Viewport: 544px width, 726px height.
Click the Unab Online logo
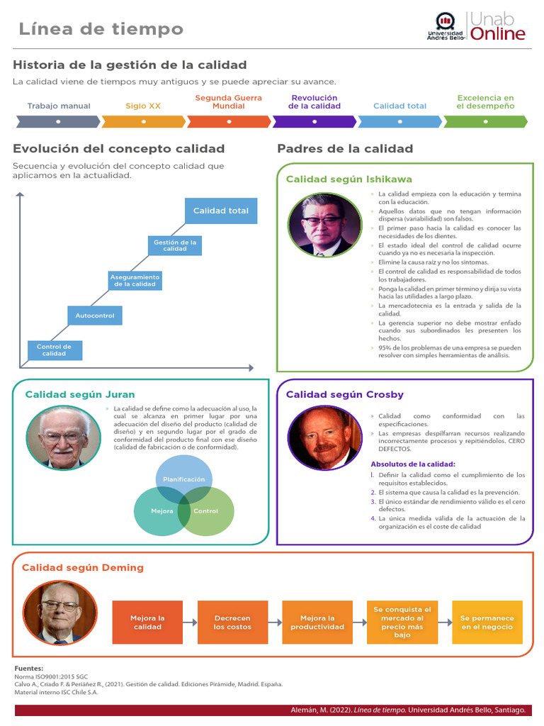(476, 26)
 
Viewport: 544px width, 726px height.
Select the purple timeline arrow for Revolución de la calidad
(314, 122)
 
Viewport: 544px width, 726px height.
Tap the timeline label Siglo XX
(143, 106)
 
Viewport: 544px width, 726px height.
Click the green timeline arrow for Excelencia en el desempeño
(485, 122)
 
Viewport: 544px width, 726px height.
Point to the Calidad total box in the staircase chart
(221, 211)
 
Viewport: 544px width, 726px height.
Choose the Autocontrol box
(95, 315)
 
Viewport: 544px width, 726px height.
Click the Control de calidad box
(55, 350)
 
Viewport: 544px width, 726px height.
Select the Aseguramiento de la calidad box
(135, 281)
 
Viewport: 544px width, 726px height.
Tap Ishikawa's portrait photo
(324, 225)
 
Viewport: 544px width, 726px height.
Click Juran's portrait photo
(63, 438)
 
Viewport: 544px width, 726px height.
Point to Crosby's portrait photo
(324, 438)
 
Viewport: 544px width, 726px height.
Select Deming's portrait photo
(60, 613)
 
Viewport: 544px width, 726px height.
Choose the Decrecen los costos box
(232, 622)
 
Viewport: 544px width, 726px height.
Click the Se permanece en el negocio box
(487, 622)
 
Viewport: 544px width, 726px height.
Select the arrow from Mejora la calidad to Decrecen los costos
(190, 622)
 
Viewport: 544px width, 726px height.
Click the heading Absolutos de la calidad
(413, 464)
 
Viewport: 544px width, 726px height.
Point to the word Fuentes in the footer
(28, 669)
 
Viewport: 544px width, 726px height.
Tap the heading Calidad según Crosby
(345, 394)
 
